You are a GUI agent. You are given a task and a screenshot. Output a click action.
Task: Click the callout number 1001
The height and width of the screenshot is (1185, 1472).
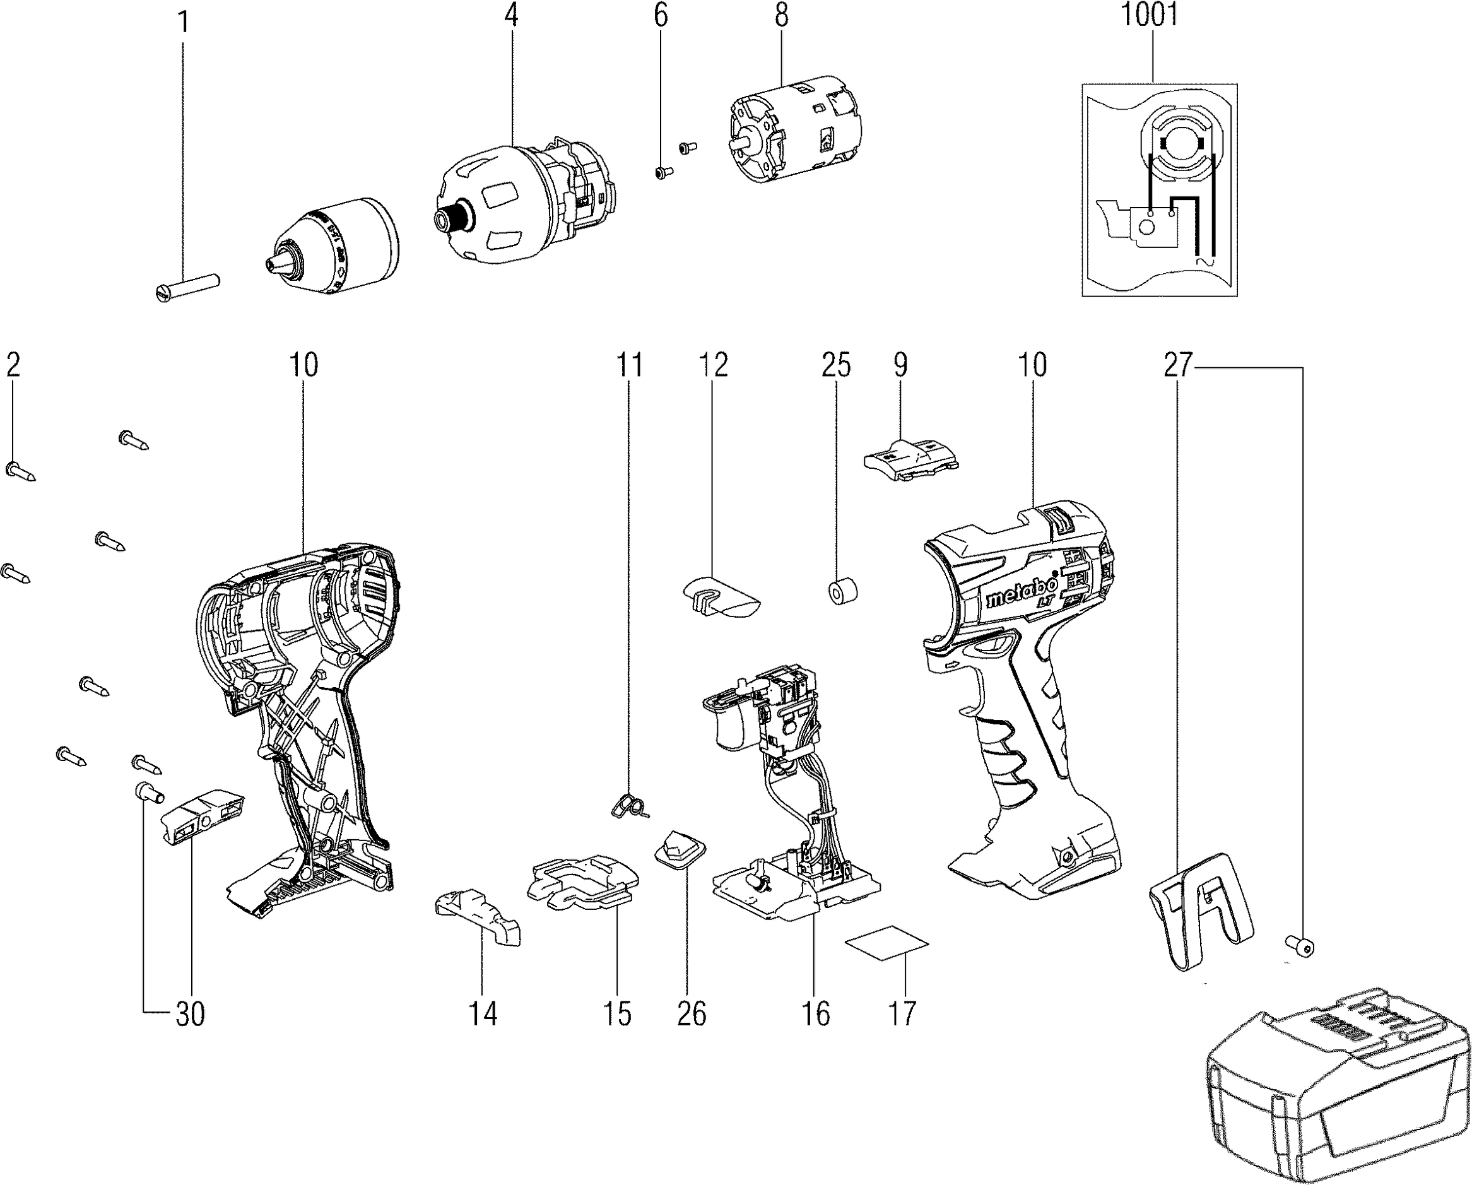pos(1150,15)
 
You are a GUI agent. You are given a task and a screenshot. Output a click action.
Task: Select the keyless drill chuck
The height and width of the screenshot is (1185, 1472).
pos(334,245)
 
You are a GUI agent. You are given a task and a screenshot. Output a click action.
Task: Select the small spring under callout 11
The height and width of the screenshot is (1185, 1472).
pos(628,806)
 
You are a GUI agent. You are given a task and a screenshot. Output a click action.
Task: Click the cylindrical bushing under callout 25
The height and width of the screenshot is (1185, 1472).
pos(842,591)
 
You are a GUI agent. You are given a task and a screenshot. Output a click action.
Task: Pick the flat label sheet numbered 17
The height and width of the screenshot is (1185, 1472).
pos(886,943)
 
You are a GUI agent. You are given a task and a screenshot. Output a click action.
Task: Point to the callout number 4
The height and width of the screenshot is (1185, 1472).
pos(511,15)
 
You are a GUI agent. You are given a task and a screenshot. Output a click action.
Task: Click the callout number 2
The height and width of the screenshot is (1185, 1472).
pos(13,365)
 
